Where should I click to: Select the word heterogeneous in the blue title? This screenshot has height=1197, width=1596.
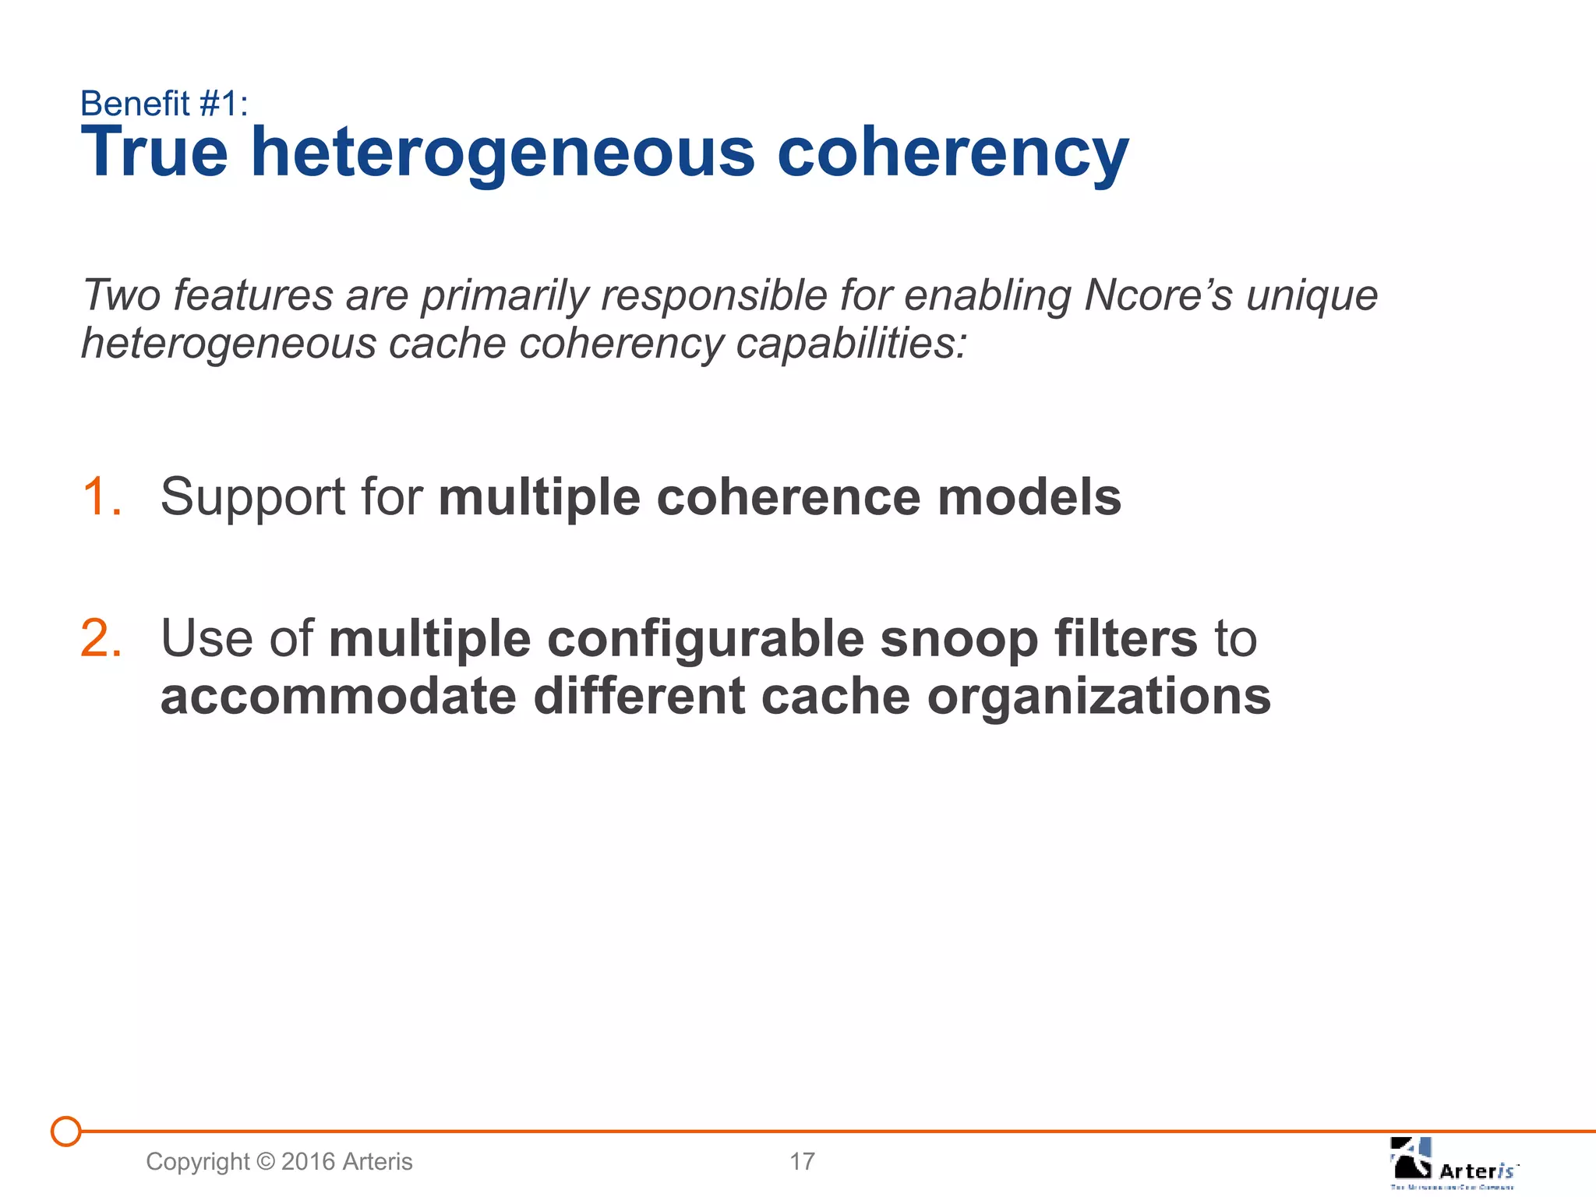pos(503,154)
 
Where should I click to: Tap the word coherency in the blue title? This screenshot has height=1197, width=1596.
pos(952,154)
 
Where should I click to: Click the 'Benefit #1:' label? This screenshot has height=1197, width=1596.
pos(164,104)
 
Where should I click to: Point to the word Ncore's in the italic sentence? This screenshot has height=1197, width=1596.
pos(1159,295)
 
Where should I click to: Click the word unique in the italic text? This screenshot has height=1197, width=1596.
pos(1312,297)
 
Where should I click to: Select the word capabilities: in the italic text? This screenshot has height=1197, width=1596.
pos(851,344)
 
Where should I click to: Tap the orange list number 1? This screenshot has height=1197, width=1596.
pos(101,496)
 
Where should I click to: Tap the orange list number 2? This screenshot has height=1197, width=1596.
pos(101,638)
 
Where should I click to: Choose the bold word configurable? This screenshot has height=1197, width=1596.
pos(705,640)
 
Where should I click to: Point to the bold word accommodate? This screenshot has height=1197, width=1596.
pos(338,696)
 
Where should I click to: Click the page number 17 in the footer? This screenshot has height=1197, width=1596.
pos(802,1161)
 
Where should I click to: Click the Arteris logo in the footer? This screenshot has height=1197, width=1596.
pos(1453,1163)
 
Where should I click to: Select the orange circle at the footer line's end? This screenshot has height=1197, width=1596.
pos(66,1131)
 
